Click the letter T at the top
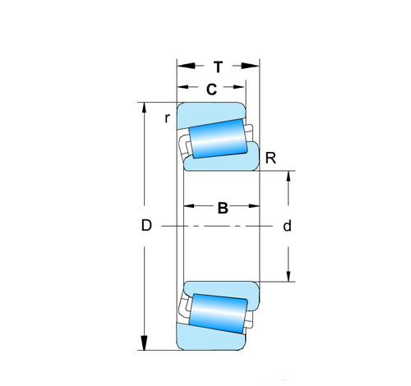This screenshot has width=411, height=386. pyautogui.click(x=218, y=67)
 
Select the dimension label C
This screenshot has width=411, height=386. pyautogui.click(x=211, y=90)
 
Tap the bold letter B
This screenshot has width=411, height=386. pyautogui.click(x=223, y=208)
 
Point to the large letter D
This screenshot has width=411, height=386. pyautogui.click(x=146, y=226)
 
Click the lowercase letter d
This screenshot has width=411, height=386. pyautogui.click(x=287, y=226)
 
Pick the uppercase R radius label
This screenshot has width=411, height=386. pyautogui.click(x=270, y=159)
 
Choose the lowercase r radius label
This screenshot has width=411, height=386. pyautogui.click(x=167, y=118)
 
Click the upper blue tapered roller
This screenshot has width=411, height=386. pyautogui.click(x=219, y=139)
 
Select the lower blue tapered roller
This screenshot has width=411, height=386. pyautogui.click(x=219, y=314)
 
